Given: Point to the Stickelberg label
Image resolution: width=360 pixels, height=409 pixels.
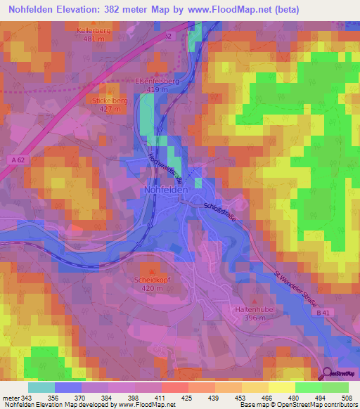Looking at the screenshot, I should (109, 100).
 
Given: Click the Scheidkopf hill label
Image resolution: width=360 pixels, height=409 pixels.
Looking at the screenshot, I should (152, 279).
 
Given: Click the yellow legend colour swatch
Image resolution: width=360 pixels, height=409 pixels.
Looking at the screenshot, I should (281, 387).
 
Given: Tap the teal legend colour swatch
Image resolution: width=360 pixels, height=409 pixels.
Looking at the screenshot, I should (41, 387).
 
